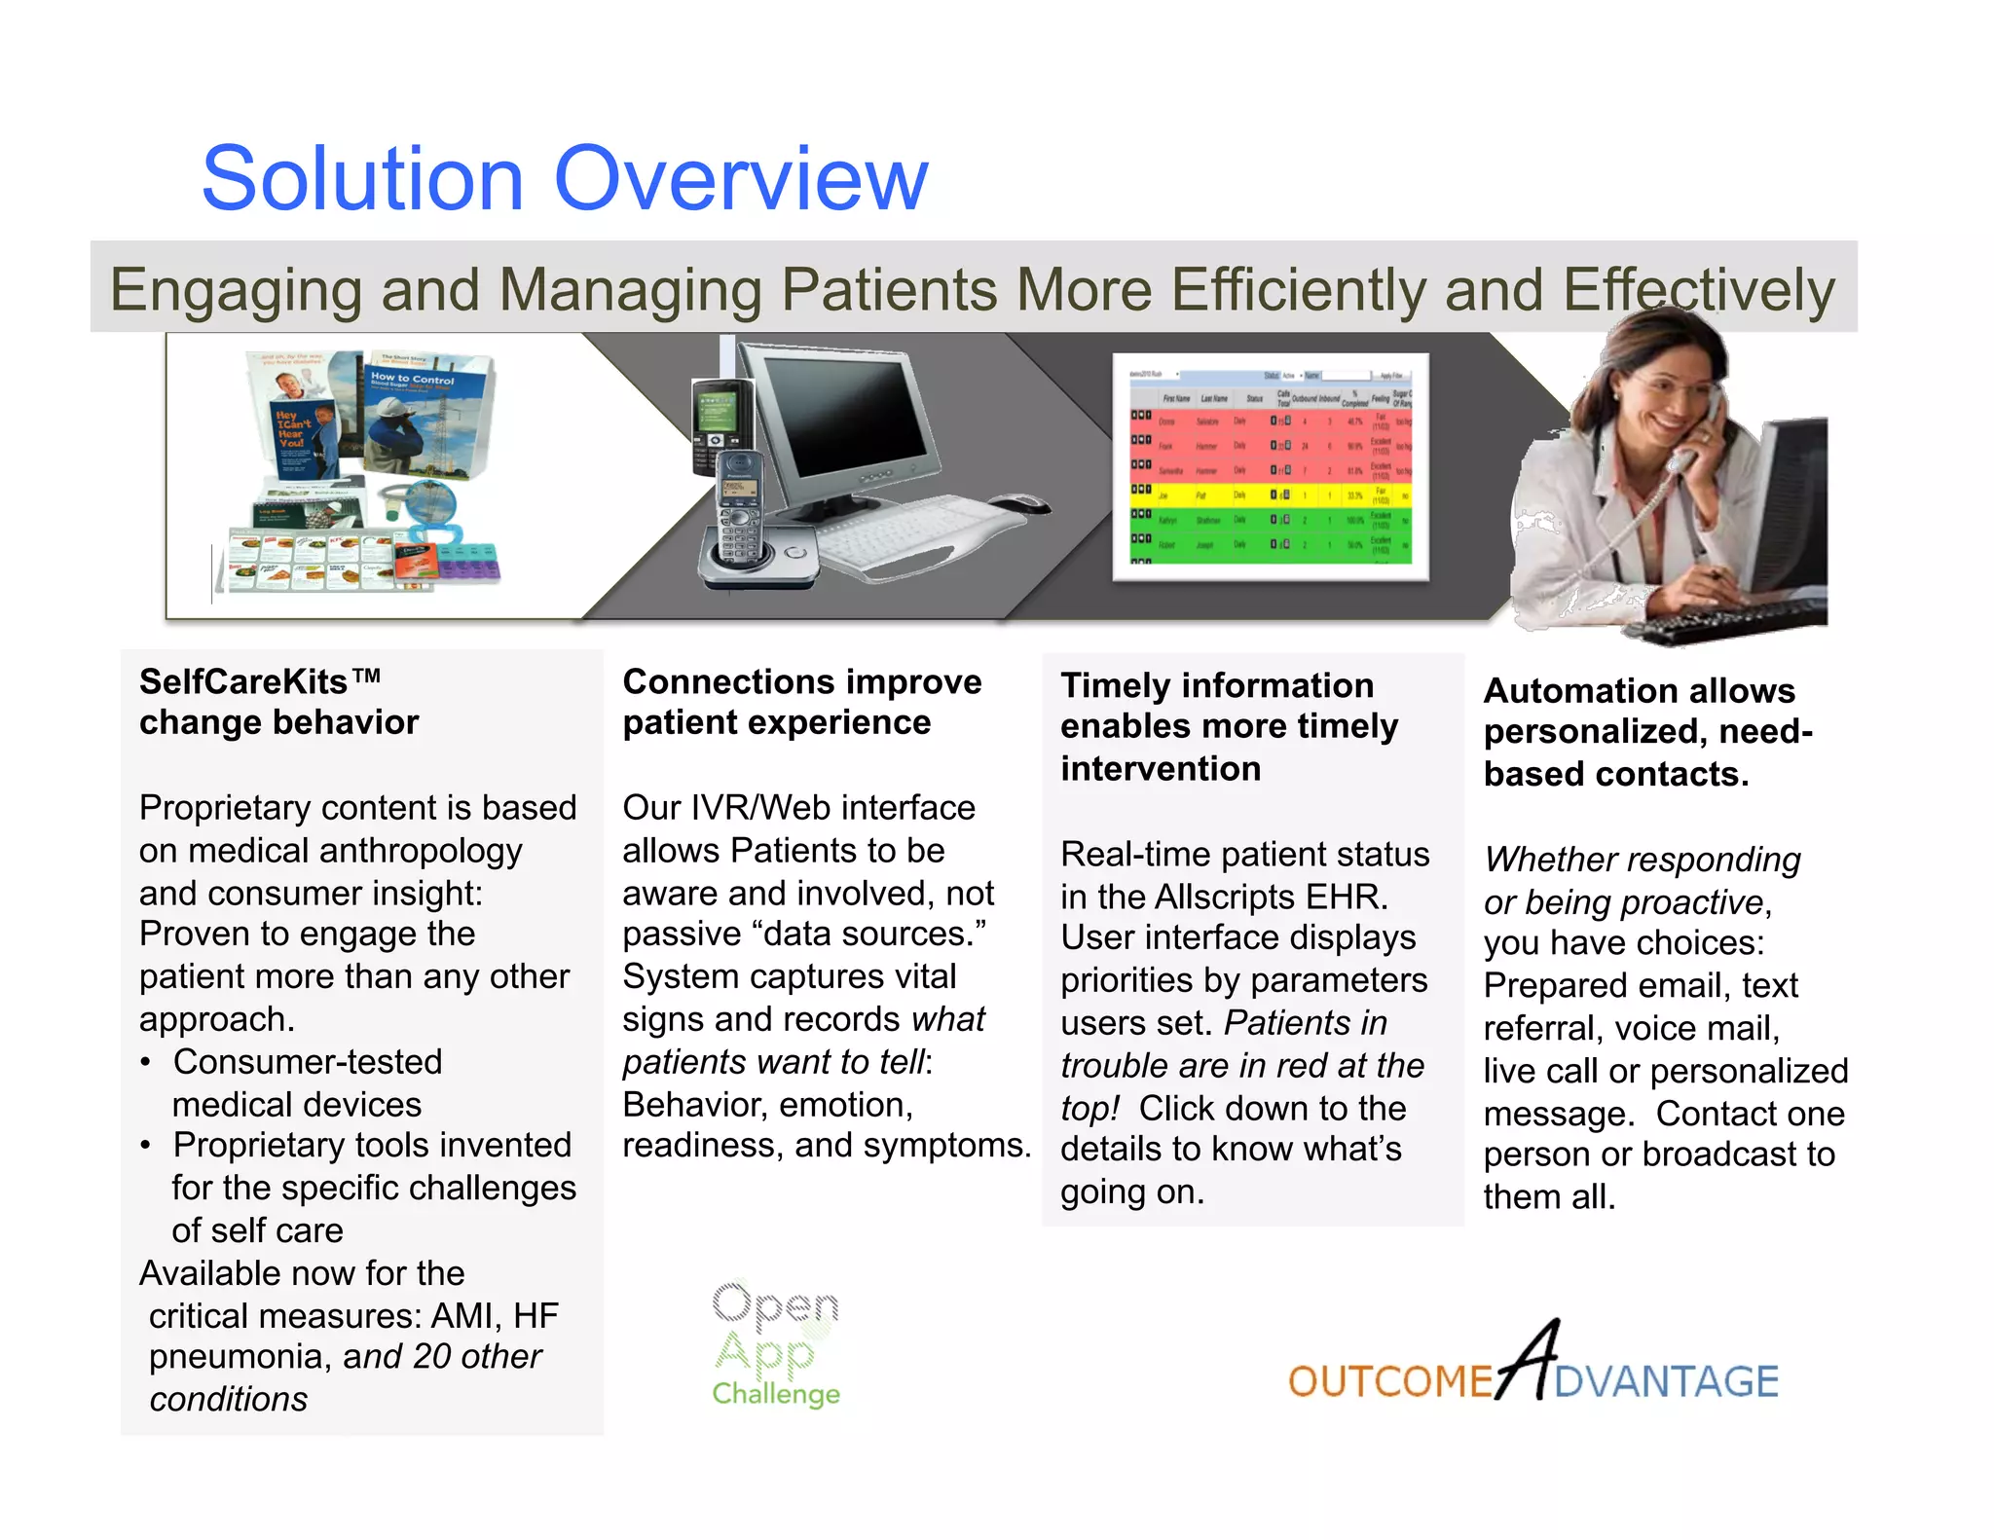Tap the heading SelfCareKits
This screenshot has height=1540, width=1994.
click(243, 681)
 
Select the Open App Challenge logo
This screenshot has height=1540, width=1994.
click(775, 1343)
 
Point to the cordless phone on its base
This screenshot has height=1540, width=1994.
click(740, 516)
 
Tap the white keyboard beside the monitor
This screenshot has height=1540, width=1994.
click(910, 531)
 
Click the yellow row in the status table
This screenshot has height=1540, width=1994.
click(1271, 495)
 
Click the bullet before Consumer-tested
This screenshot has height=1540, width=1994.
click(145, 1062)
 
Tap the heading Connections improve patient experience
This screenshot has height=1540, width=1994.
click(800, 702)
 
